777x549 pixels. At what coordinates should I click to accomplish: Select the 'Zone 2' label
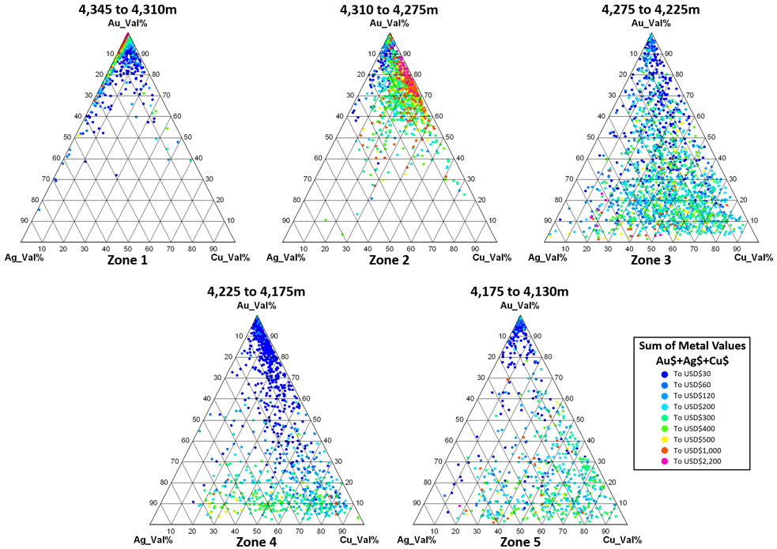[389, 259]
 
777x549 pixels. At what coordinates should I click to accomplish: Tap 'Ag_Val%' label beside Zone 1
[23, 258]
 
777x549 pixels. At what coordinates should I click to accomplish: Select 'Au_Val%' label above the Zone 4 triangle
[258, 306]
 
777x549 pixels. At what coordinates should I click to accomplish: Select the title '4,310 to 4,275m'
[389, 10]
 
